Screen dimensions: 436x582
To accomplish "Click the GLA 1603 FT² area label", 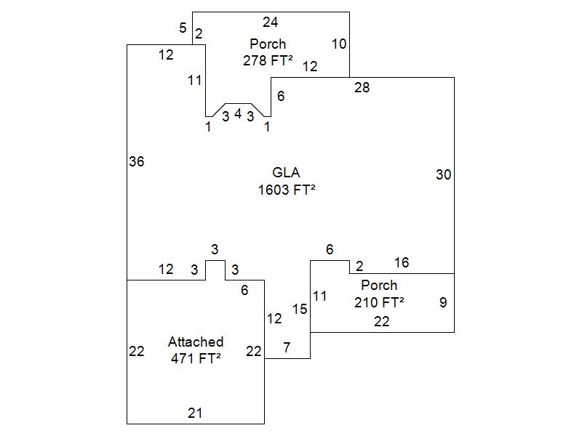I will click(x=287, y=181).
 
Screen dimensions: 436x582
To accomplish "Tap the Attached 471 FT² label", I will click(x=196, y=350).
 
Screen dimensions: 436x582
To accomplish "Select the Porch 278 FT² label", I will click(x=268, y=52).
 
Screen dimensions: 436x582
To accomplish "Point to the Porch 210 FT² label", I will click(x=379, y=294).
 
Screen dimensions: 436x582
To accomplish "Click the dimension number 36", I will click(x=136, y=161).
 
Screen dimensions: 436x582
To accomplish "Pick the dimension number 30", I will click(x=443, y=174).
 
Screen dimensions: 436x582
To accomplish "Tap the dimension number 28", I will click(x=362, y=88).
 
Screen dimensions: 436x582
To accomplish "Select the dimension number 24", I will click(x=270, y=22).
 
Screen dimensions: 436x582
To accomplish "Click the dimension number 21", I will click(x=195, y=413).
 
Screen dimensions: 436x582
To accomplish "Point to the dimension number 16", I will click(x=402, y=262).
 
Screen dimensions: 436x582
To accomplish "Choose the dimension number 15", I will click(x=300, y=309).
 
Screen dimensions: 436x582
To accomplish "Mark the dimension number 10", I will click(x=339, y=44).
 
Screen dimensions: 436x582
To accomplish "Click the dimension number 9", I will click(x=443, y=302).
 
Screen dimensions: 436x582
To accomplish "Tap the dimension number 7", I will click(x=287, y=347).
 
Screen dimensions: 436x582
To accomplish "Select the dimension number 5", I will click(x=183, y=28).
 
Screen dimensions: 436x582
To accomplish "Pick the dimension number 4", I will click(x=238, y=113).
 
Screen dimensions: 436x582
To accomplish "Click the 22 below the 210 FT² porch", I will click(x=381, y=321).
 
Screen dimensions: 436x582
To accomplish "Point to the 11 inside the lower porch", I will click(x=320, y=296).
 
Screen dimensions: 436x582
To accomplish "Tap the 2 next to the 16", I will click(x=359, y=267).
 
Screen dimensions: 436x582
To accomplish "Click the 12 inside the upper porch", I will click(x=310, y=66).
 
